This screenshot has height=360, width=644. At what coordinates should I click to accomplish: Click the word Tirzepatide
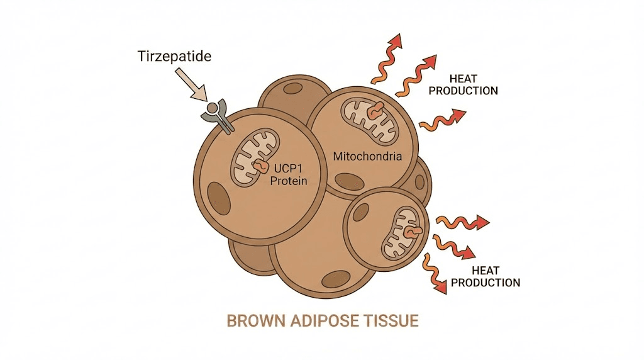(174, 57)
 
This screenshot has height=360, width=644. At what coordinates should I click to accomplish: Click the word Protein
(289, 181)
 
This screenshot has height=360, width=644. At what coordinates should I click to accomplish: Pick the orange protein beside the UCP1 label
(259, 166)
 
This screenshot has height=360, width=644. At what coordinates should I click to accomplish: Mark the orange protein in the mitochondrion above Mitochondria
(375, 110)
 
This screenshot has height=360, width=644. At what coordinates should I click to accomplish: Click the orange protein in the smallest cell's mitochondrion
(411, 233)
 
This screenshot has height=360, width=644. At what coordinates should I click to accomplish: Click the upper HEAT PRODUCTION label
(473, 85)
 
